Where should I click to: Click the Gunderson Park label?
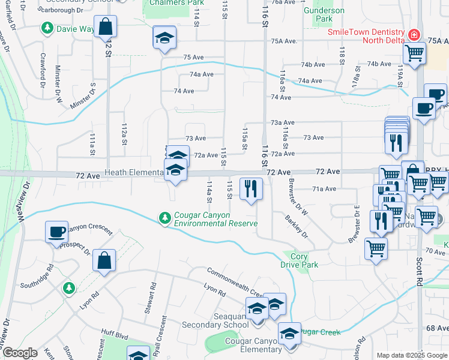point(324,14)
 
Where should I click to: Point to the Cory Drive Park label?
point(298,260)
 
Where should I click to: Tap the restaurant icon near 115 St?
point(251,188)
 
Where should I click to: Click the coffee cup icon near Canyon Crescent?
point(56,231)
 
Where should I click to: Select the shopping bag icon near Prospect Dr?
point(104,260)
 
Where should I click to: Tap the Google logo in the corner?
point(20,353)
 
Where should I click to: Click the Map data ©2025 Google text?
point(412,355)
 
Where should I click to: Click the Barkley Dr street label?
point(296,226)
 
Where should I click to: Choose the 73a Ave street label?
point(282,122)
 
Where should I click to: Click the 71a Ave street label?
point(324,188)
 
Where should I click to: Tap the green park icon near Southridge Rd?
point(69,288)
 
